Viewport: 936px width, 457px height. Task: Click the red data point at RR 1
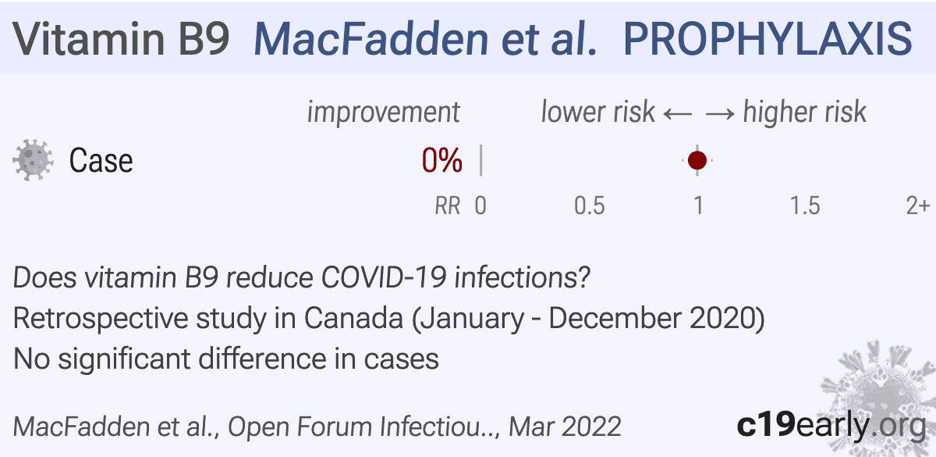pyautogui.click(x=697, y=160)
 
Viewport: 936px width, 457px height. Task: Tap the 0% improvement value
pyautogui.click(x=441, y=161)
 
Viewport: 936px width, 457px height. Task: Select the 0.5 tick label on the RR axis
pyautogui.click(x=590, y=206)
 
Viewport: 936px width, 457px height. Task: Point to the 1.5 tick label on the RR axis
pyautogui.click(x=805, y=206)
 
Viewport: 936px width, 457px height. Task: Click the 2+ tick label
pyautogui.click(x=917, y=206)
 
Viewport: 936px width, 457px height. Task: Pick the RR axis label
pyautogui.click(x=447, y=206)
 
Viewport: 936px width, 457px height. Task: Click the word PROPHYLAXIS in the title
pyautogui.click(x=768, y=37)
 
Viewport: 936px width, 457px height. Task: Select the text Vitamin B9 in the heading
pyautogui.click(x=121, y=37)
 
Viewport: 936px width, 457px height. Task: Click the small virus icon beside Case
pyautogui.click(x=34, y=161)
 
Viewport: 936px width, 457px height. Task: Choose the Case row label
pyautogui.click(x=101, y=161)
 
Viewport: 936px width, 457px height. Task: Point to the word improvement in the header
pyautogui.click(x=383, y=112)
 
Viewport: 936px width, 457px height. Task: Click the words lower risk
pyautogui.click(x=597, y=112)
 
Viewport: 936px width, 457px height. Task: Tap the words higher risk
pyautogui.click(x=804, y=112)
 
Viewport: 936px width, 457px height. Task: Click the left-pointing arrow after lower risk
pyautogui.click(x=676, y=113)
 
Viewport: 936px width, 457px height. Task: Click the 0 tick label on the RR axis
pyautogui.click(x=480, y=206)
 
